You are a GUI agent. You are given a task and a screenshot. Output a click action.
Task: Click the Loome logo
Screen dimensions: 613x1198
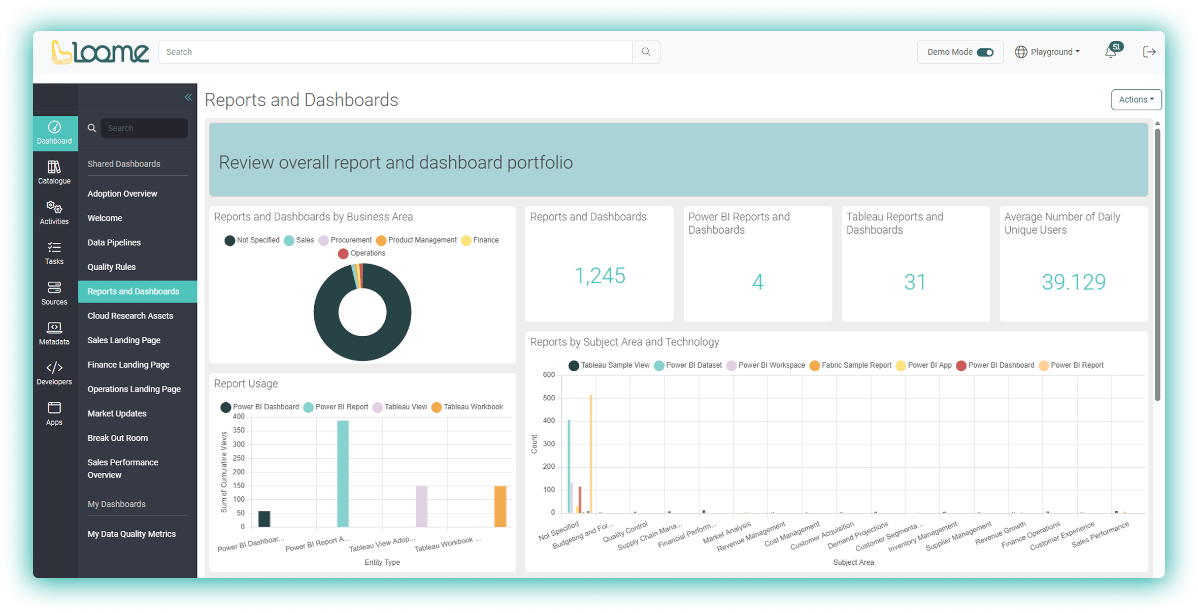pos(101,52)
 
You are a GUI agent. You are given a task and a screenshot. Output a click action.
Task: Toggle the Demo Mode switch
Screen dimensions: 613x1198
pos(985,52)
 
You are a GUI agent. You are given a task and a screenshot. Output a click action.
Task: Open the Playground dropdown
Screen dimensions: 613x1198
pos(1048,52)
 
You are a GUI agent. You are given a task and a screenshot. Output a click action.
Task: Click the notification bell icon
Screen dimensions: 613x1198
pos(1111,52)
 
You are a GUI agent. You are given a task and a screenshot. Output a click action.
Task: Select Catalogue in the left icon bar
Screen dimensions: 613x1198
pos(54,172)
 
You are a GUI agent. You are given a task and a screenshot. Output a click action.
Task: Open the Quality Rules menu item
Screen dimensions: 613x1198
pos(112,267)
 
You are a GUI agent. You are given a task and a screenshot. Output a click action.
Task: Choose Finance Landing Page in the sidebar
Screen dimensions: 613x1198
pos(128,365)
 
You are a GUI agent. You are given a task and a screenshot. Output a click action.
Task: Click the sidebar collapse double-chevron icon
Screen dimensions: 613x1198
pos(188,97)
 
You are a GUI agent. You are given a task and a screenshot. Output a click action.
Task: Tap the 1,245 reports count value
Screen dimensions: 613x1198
pos(600,276)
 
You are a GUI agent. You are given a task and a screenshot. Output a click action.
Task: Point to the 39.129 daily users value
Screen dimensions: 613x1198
pos(1073,282)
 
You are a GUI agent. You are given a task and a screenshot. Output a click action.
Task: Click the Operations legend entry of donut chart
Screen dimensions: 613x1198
pos(362,253)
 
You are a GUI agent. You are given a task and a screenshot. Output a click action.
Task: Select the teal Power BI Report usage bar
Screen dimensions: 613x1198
pos(343,473)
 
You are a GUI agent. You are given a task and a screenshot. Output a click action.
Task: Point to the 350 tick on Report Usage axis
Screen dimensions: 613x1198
pos(239,430)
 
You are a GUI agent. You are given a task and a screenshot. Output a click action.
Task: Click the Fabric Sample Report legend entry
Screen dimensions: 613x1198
pos(850,365)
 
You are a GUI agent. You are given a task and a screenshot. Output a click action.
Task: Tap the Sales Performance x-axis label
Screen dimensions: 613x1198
pos(1101,534)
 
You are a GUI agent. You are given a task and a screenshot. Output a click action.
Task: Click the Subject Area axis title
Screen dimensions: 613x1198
pos(853,562)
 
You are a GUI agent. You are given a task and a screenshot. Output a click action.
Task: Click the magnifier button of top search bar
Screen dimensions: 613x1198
pos(646,52)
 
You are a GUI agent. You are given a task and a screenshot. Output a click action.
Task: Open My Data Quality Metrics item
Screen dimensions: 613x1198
pos(131,534)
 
